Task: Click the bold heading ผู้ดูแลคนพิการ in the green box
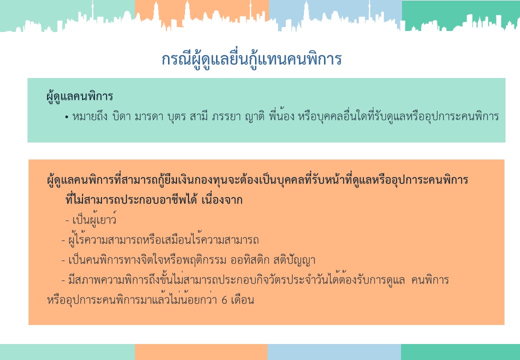[x=79, y=97]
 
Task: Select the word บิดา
[x=121, y=116]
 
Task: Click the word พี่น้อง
[x=281, y=116]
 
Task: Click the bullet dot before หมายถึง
[x=66, y=117]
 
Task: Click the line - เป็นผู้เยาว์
[x=91, y=220]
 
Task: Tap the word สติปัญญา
[x=294, y=260]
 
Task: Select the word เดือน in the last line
[x=242, y=300]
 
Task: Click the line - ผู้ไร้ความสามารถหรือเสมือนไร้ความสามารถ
[x=160, y=239]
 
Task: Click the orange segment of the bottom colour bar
[x=201, y=352]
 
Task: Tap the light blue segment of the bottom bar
[x=334, y=352]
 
